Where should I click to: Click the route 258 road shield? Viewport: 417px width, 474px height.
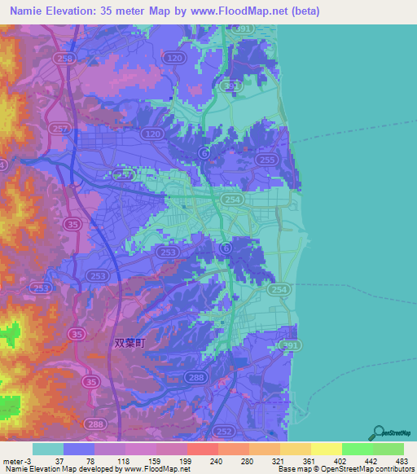pos(65,59)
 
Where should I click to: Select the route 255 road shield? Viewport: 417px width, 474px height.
pos(265,161)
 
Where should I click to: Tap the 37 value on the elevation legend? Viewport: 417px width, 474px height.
pos(59,460)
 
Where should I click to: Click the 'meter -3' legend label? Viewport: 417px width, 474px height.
pos(15,460)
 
